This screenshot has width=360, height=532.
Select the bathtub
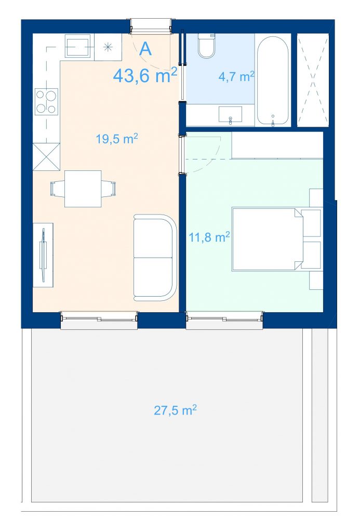[x=273, y=82]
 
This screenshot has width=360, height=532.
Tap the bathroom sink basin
[x=230, y=114]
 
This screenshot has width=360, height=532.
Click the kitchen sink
[x=78, y=46]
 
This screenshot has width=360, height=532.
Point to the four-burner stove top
[x=46, y=101]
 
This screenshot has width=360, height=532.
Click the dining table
[x=83, y=189]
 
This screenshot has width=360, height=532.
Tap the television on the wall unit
[x=43, y=255]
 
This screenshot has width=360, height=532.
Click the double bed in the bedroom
[x=268, y=239]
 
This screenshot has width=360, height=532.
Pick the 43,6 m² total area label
[x=145, y=75]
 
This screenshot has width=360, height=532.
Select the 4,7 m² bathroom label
[x=236, y=76]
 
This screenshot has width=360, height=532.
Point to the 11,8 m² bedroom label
[x=209, y=237]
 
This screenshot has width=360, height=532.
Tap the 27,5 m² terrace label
[x=175, y=410]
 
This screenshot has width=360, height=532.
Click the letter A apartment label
[x=145, y=49]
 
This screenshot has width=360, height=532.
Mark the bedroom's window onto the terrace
[x=224, y=320]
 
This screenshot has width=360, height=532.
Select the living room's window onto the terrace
[x=99, y=320]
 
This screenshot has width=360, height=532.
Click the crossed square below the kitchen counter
[x=46, y=156]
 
